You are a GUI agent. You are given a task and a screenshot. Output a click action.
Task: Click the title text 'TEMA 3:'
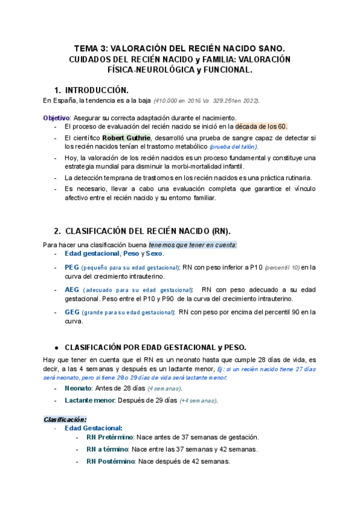tap(91, 47)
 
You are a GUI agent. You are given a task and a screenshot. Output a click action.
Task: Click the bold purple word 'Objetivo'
tap(56, 118)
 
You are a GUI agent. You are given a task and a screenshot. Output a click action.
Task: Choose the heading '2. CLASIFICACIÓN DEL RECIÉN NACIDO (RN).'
tap(142, 230)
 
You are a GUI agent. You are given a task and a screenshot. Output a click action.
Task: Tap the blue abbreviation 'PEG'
tap(71, 267)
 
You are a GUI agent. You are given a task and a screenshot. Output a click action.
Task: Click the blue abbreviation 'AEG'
tap(71, 289)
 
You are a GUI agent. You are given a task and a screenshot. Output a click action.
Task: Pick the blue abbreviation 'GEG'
tap(72, 312)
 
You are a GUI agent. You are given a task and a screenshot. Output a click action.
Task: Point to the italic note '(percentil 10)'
tap(282, 267)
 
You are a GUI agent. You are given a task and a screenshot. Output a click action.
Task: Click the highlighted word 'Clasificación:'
tap(65, 419)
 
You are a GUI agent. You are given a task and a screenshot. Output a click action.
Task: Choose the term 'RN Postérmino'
tap(110, 461)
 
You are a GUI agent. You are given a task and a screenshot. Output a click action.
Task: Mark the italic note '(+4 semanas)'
tap(198, 400)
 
